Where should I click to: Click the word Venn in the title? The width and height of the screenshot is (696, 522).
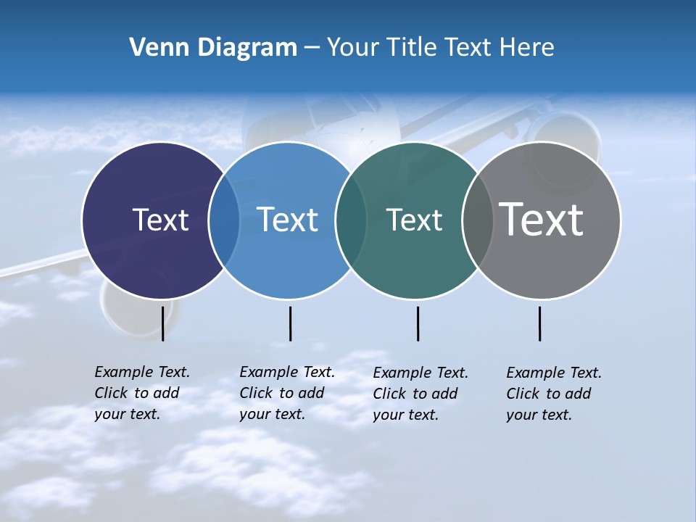[157, 48]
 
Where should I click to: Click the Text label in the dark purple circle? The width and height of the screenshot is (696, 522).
[160, 220]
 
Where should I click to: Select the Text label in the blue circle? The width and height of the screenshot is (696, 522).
[287, 220]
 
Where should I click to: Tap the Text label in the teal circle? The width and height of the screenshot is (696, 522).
[414, 220]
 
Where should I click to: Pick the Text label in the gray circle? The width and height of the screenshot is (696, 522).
[541, 220]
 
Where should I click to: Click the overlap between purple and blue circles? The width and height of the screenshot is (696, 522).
[224, 220]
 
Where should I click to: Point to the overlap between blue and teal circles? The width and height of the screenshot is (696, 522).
[351, 220]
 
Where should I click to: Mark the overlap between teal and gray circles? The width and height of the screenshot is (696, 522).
[477, 220]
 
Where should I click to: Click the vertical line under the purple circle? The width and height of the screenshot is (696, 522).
[163, 323]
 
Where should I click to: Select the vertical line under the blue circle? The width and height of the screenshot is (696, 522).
[290, 323]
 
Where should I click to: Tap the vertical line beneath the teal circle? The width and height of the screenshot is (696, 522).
[418, 323]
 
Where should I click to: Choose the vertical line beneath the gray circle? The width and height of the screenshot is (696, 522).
[539, 323]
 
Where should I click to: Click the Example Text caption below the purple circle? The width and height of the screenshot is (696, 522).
[142, 393]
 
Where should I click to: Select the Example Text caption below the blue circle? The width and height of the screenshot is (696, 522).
[287, 393]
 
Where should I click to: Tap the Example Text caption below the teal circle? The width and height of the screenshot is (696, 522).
[420, 394]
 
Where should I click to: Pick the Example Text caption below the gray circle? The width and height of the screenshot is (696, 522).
[554, 394]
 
